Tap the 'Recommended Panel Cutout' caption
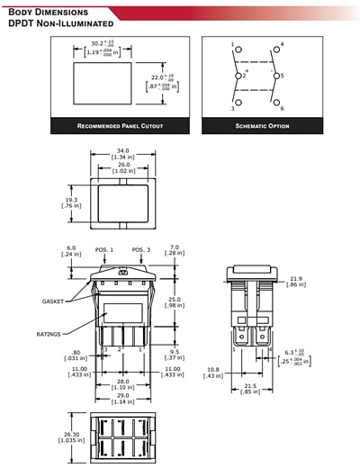(120, 126)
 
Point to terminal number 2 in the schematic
(242, 76)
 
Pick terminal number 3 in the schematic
(232, 108)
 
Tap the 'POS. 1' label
(104, 249)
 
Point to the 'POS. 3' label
(141, 249)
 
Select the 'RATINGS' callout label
(49, 334)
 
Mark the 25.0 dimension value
(174, 299)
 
